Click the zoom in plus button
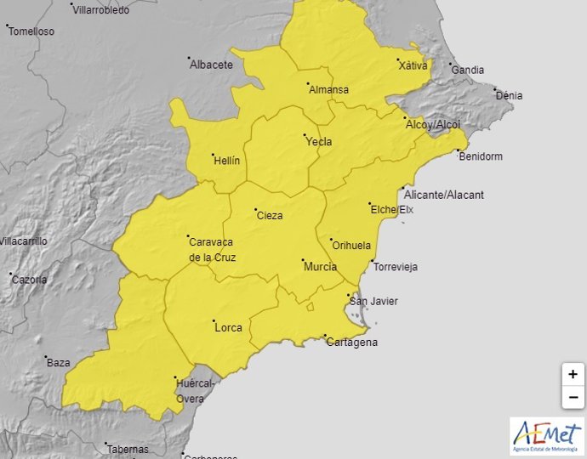(x=573, y=374)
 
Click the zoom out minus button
(x=573, y=397)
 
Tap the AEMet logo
(x=546, y=435)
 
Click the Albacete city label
(x=211, y=65)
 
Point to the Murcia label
(x=320, y=267)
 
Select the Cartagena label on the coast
(x=352, y=343)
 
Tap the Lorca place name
(x=228, y=327)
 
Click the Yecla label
(x=319, y=142)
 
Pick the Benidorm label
(x=480, y=156)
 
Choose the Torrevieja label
(x=396, y=267)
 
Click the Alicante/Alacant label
(x=444, y=195)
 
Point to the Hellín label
(x=227, y=161)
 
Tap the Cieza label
(x=270, y=215)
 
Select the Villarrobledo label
(x=101, y=10)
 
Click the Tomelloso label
(x=33, y=31)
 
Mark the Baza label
(x=59, y=363)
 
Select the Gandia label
(x=467, y=70)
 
